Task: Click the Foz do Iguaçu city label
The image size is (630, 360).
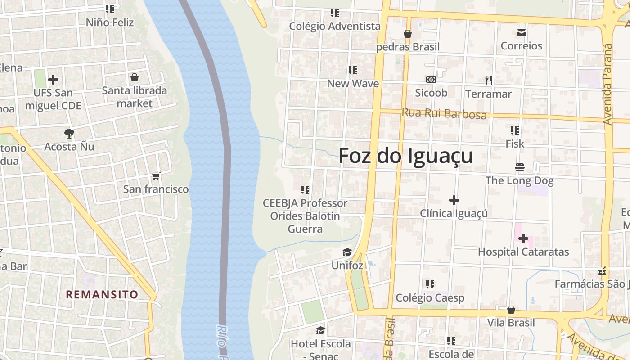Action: pyautogui.click(x=405, y=156)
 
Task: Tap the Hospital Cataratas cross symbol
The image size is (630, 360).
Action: pyautogui.click(x=523, y=238)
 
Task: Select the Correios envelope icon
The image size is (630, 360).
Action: pyautogui.click(x=522, y=33)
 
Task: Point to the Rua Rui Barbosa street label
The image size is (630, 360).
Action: pyautogui.click(x=444, y=113)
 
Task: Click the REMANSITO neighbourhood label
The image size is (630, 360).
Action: pyautogui.click(x=102, y=295)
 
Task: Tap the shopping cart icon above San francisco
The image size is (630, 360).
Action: pyautogui.click(x=156, y=176)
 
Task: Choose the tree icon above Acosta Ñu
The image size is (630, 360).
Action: pyautogui.click(x=69, y=133)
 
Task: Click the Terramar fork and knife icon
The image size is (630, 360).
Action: pyautogui.click(x=488, y=80)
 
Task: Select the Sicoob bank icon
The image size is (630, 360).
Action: pyautogui.click(x=431, y=80)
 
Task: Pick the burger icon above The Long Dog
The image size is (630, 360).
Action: pyautogui.click(x=519, y=167)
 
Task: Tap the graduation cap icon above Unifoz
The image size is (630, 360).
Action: pyautogui.click(x=347, y=252)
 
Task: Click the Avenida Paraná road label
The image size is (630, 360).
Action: pyautogui.click(x=607, y=84)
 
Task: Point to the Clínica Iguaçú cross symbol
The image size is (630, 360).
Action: pyautogui.click(x=454, y=200)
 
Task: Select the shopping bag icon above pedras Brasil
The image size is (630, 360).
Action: pyautogui.click(x=408, y=33)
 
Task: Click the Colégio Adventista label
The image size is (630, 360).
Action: pyautogui.click(x=335, y=26)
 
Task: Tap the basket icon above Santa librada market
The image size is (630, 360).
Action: pyautogui.click(x=134, y=77)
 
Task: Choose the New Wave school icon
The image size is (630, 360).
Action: pyautogui.click(x=352, y=70)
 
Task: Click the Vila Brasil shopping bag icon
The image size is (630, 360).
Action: pyautogui.click(x=511, y=310)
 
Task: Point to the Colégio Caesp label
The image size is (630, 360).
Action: pyautogui.click(x=430, y=297)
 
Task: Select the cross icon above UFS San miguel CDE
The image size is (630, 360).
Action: pyautogui.click(x=53, y=80)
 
